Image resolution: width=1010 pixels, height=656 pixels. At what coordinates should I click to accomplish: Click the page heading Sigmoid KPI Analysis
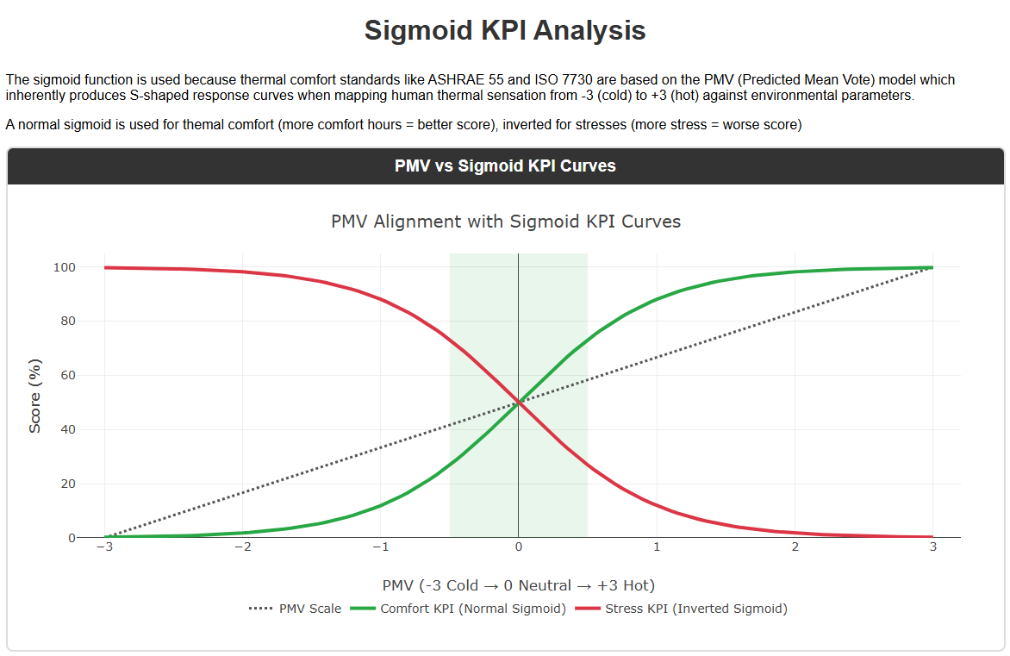tap(504, 30)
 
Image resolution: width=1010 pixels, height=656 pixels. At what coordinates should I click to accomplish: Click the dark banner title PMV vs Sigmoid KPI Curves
tap(505, 166)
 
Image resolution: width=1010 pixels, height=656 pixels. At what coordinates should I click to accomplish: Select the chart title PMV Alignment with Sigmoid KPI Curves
tap(506, 222)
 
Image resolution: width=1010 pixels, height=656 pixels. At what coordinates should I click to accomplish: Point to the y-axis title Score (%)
tap(35, 396)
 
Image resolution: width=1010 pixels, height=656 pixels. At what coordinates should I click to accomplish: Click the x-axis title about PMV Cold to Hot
tap(518, 586)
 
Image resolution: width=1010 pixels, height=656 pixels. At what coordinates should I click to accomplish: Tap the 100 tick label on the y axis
tap(65, 267)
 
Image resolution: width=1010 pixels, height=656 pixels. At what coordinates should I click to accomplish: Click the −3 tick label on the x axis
tap(104, 547)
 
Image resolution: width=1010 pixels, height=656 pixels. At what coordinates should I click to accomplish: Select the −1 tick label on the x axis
tap(380, 547)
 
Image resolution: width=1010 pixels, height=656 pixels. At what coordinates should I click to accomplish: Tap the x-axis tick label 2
tap(795, 547)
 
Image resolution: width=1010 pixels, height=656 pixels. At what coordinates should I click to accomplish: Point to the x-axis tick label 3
tap(932, 547)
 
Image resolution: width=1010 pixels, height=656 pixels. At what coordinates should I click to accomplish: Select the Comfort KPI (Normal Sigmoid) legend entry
tap(472, 609)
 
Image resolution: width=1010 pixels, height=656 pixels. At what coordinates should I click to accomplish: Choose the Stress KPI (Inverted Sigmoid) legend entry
tap(696, 609)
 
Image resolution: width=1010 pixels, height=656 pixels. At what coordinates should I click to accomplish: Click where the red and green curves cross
tap(518, 402)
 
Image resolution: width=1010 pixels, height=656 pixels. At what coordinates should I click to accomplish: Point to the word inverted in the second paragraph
tap(528, 126)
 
